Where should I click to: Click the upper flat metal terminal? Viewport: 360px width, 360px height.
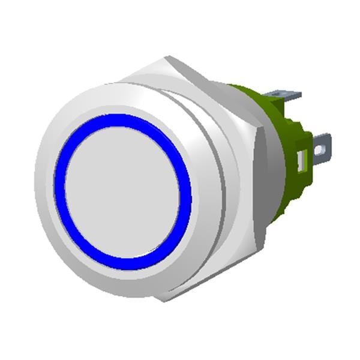[282, 96]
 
